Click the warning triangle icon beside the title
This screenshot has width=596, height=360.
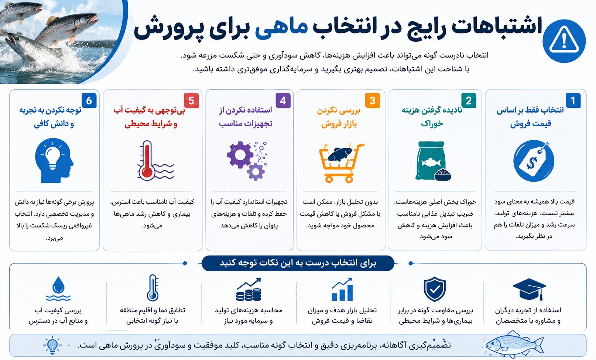point(564,41)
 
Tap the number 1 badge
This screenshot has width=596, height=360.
point(573,100)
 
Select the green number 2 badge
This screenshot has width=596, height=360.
point(468,100)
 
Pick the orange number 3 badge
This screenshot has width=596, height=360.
point(372,100)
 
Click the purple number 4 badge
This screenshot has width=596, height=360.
point(283,100)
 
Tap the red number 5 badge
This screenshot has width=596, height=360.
point(191,100)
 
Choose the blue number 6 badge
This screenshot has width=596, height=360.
point(89,100)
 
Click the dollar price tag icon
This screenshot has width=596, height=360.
point(534,161)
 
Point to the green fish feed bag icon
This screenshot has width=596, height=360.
point(433,161)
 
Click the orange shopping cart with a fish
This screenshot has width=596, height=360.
point(341,163)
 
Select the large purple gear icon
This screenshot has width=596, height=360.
point(240,155)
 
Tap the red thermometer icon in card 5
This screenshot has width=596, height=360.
point(147,161)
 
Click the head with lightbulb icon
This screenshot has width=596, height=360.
point(54,161)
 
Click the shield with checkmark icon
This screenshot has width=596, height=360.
point(435,289)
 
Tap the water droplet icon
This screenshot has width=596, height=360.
point(58,289)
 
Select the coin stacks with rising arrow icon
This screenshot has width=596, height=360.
point(249,289)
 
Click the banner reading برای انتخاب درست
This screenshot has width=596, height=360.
point(298,263)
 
